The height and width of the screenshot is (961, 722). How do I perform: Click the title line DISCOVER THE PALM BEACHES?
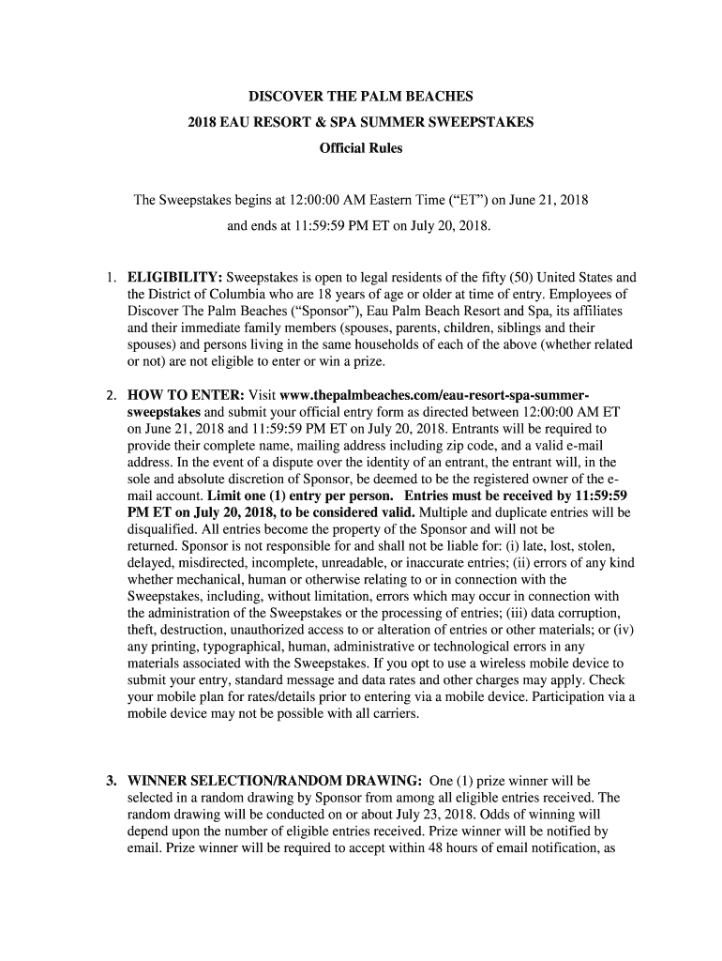pos(360,97)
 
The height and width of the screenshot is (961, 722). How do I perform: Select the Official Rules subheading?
pos(360,149)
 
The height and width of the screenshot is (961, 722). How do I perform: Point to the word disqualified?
pos(165,530)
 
